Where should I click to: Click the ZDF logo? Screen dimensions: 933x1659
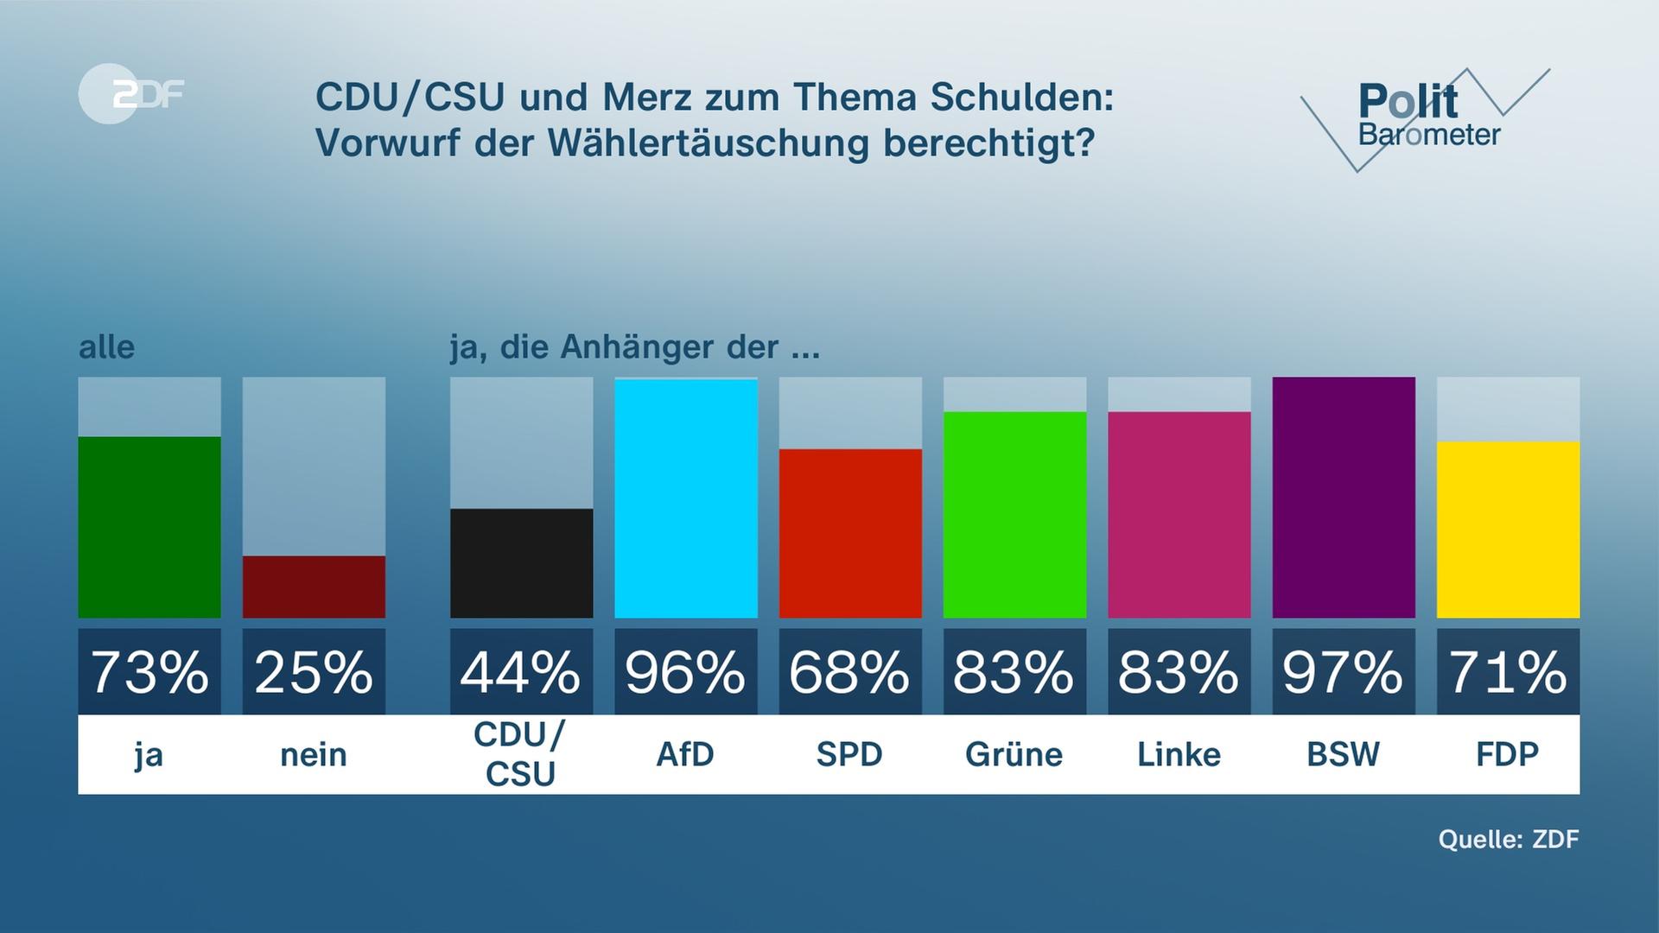pos(131,93)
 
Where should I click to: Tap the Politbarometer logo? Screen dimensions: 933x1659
pos(1426,117)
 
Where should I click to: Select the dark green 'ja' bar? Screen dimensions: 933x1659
pos(149,527)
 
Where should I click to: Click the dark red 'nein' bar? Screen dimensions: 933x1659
pos(314,587)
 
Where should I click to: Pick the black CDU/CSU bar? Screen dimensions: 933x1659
pos(521,563)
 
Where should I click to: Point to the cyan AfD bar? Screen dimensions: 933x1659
pos(685,498)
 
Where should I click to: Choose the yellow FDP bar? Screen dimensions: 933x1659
pos(1508,530)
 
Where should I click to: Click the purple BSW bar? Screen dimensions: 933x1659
pos(1344,498)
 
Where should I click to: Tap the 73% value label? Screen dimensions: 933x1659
pos(149,672)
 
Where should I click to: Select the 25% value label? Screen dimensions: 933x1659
pos(314,672)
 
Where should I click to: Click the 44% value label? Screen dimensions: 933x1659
pos(521,672)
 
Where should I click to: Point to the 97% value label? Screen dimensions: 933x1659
pos(1344,672)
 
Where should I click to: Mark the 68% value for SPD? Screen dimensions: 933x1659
pos(850,672)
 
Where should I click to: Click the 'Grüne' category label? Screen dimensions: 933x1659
pos(1014,755)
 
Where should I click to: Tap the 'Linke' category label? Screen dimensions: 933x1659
pos(1179,755)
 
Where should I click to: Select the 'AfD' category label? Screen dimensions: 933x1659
pos(685,755)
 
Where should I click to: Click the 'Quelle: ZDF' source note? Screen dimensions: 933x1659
pos(1508,839)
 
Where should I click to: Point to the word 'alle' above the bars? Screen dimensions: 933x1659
pos(106,347)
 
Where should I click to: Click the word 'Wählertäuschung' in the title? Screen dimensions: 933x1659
pos(708,143)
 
